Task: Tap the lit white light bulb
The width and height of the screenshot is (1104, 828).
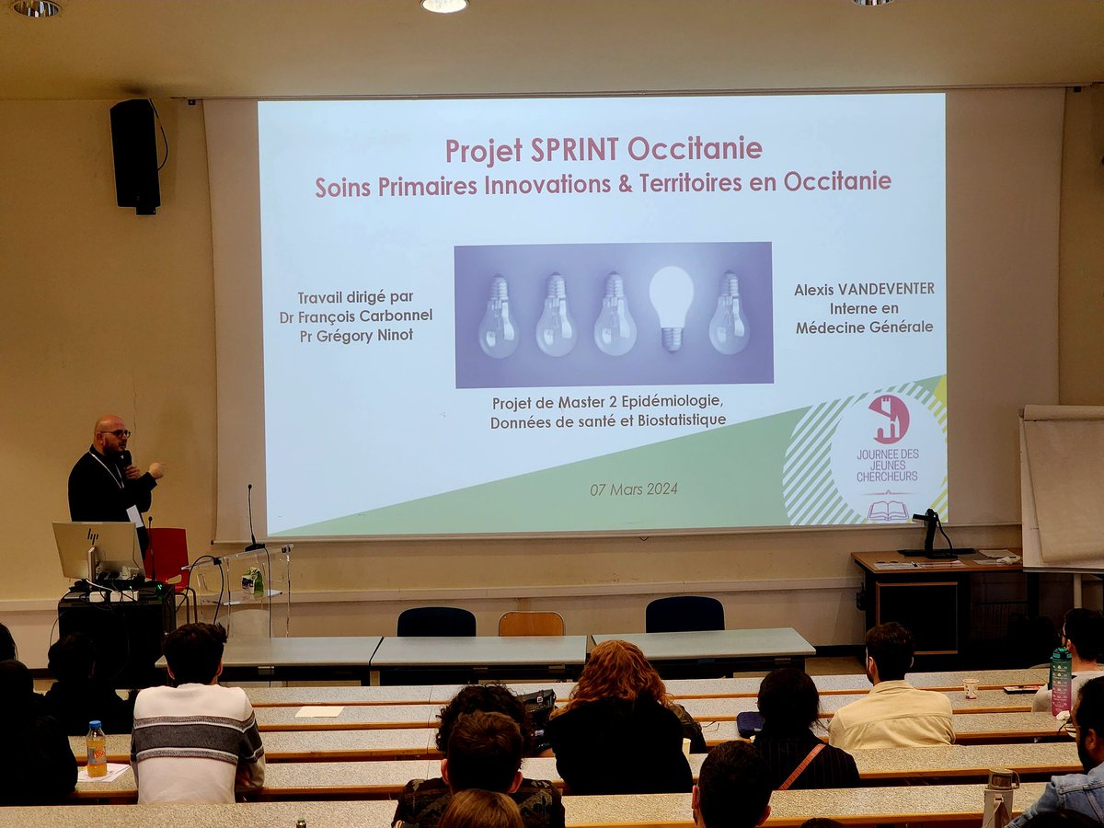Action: click(x=671, y=303)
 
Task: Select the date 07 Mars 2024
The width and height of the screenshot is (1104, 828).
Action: click(x=634, y=489)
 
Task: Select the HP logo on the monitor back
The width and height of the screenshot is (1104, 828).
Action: click(x=93, y=536)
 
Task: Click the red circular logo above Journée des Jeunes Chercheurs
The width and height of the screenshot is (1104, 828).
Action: click(x=889, y=419)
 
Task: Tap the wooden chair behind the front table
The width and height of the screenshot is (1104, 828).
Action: click(x=531, y=624)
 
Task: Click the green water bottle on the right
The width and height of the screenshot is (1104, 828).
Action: click(x=1061, y=681)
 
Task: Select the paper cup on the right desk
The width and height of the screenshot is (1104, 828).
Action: click(x=970, y=688)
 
